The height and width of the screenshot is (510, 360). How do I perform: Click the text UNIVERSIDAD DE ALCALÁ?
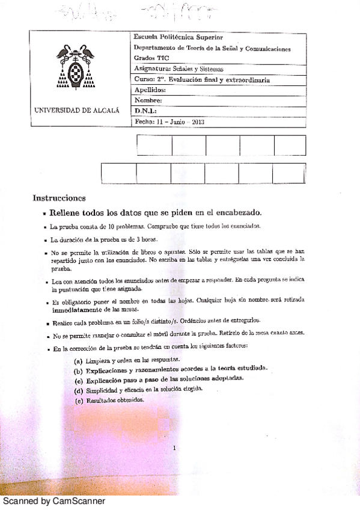coord(78,111)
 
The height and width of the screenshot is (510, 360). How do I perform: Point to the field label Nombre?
coord(149,100)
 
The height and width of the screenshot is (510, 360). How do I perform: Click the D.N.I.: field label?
coord(146,111)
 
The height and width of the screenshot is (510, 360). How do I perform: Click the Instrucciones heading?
coord(59,198)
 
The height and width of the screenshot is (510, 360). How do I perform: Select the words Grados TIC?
coord(151,58)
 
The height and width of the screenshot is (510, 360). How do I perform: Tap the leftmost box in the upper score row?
coord(154,146)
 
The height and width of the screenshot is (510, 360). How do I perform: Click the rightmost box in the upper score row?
coord(290,146)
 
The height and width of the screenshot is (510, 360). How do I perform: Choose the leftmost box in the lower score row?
coord(118,173)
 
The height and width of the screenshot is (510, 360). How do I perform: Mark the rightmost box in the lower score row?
coord(288,173)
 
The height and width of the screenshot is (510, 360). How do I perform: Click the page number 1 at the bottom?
coord(174,447)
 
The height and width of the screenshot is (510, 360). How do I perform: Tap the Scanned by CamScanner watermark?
coord(54,500)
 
